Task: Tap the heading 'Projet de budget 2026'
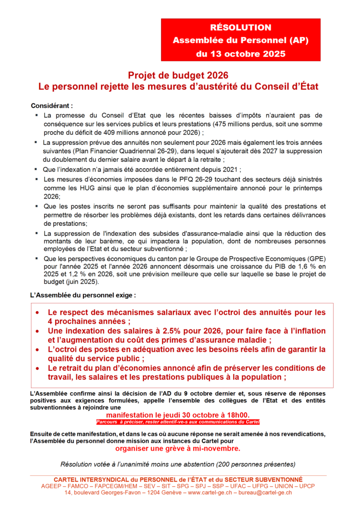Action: point(178,75)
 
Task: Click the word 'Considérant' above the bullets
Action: point(51,106)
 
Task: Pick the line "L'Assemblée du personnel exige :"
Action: point(83,295)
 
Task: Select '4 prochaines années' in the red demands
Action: point(85,322)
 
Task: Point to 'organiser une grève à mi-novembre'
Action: point(178,448)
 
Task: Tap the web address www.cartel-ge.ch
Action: point(214,492)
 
